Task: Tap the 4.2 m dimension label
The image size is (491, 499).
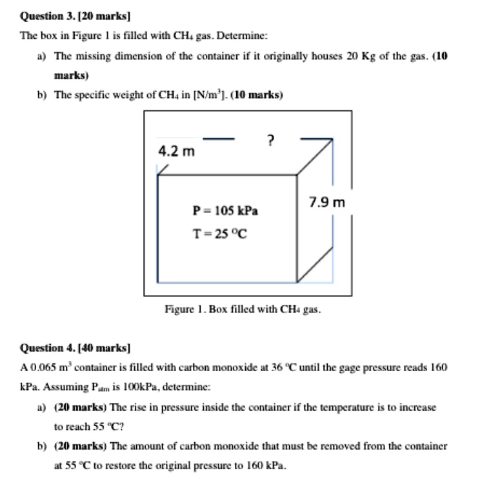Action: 176,152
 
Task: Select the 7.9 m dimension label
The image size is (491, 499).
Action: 327,203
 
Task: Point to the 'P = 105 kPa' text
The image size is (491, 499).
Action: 225,210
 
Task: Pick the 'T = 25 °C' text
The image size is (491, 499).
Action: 220,234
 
